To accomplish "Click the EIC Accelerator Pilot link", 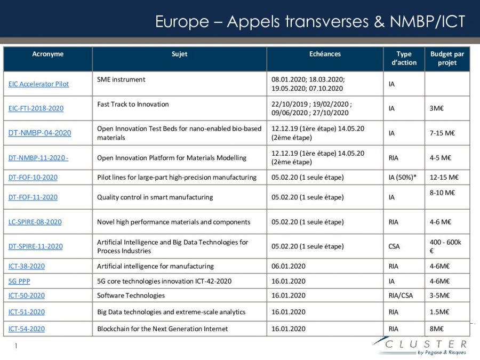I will [38, 84].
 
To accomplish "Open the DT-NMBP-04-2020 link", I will [39, 133].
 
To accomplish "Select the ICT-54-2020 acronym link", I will [27, 329].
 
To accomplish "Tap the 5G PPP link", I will [19, 281].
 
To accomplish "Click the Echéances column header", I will [325, 54].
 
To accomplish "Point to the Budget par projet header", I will [447, 58].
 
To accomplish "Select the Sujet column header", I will [179, 54].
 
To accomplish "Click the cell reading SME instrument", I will [121, 79].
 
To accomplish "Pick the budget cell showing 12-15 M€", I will [444, 177].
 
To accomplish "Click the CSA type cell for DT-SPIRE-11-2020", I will [395, 246].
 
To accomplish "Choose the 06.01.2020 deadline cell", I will [288, 266].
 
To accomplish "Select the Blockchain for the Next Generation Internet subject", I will [162, 329].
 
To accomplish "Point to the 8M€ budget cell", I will [437, 329].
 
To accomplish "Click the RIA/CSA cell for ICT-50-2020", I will [401, 295].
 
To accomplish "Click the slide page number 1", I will [16, 346].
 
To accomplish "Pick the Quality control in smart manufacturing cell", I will [155, 197].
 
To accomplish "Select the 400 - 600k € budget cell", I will [445, 246].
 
